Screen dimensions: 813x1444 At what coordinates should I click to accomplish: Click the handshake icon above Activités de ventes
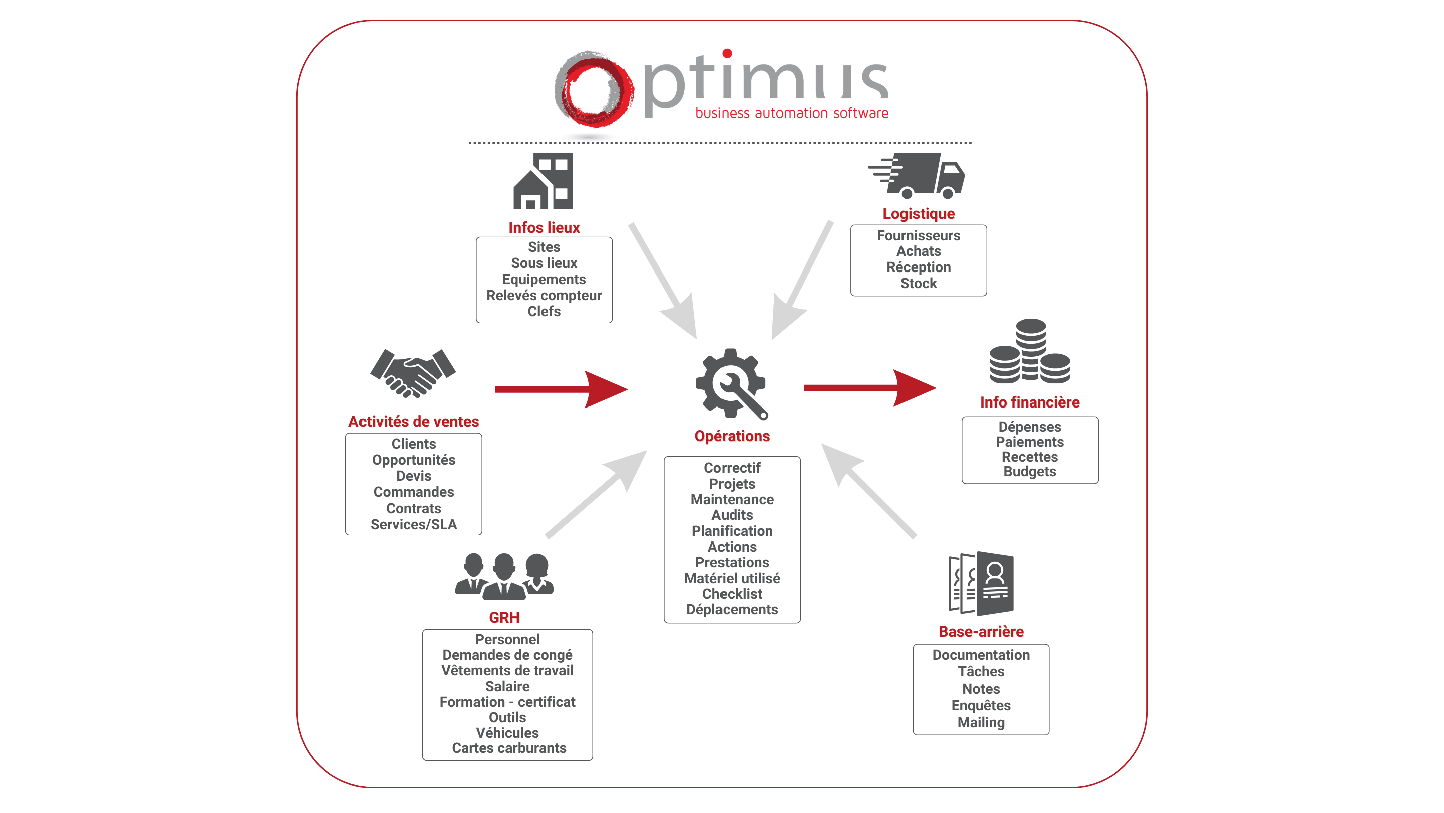tap(413, 372)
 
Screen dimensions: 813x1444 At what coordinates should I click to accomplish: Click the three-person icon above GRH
tap(504, 575)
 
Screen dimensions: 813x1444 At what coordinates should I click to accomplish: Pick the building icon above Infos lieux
tap(543, 181)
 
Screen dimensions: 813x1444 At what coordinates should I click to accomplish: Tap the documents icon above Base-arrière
tap(981, 583)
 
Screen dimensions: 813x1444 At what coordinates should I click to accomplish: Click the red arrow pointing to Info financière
tap(869, 388)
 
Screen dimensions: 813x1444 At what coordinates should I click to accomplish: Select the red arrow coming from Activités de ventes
tap(561, 389)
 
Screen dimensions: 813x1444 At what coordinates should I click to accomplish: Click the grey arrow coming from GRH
tap(597, 494)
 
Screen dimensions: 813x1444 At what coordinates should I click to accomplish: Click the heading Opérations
tap(732, 436)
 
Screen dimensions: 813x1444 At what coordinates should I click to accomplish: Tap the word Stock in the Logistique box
tap(918, 284)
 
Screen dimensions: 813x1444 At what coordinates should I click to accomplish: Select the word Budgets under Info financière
tap(1030, 471)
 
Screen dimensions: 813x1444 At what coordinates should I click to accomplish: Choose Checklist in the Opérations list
tap(732, 594)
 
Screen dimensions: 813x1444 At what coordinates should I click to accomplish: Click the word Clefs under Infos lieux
tap(544, 311)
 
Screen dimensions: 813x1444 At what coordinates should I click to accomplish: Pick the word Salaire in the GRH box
tap(507, 686)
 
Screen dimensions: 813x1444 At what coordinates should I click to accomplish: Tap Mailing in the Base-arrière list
tap(981, 722)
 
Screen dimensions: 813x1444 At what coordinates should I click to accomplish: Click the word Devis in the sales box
tap(414, 476)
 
